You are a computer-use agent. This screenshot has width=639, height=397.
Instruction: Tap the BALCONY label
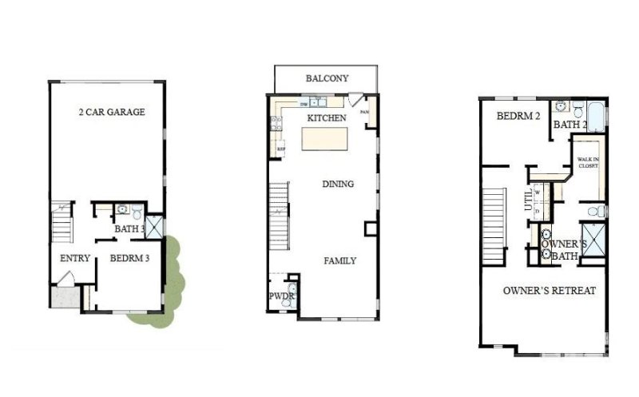coord(327,78)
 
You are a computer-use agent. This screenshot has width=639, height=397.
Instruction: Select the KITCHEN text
coord(327,118)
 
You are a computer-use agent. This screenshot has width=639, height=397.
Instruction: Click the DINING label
coord(338,185)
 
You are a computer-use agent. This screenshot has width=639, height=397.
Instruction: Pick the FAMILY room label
coord(339,261)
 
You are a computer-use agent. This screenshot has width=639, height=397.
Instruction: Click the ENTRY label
coord(74,258)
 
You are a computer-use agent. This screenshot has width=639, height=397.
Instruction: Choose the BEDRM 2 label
coord(519,116)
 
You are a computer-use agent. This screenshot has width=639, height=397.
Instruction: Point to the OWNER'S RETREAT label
coord(549,291)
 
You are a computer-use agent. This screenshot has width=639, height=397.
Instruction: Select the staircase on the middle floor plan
coord(279,216)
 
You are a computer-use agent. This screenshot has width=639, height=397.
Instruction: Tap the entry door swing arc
coord(66,278)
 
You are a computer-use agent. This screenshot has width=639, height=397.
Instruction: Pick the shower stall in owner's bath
coord(593,248)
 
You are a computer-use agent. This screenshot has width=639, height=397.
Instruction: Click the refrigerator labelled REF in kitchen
coord(280,147)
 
